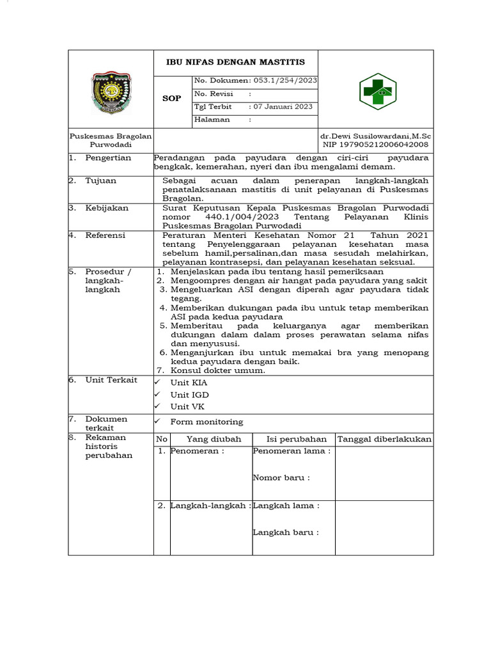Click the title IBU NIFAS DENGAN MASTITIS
coord(236,62)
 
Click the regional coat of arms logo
coord(111,93)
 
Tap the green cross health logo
coord(376,92)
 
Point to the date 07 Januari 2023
coord(283,107)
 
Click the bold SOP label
coord(171,99)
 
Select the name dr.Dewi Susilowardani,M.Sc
coord(376,137)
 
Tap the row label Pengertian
coord(108,158)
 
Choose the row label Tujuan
coord(101,181)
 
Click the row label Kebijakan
coord(107,208)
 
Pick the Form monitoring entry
coord(207,422)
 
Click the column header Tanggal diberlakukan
coord(384,439)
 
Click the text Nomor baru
coord(281,478)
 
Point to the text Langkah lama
coord(286,506)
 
